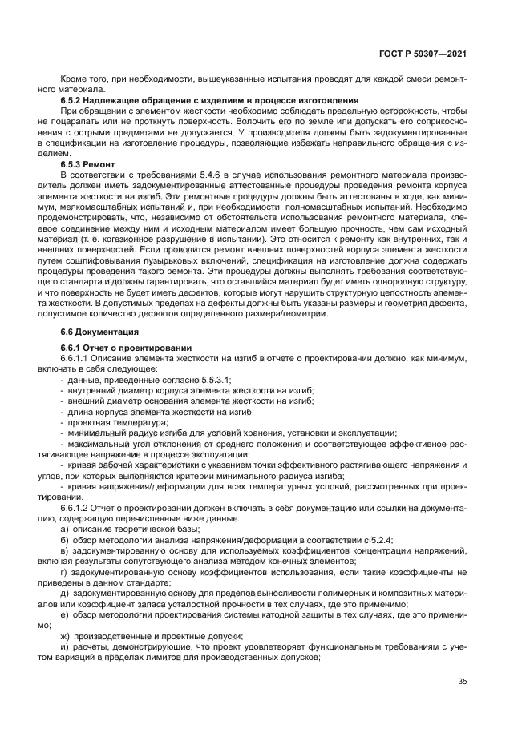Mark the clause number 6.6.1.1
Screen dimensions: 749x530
click(76, 356)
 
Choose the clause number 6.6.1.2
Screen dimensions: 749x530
click(76, 509)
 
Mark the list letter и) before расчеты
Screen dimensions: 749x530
click(63, 646)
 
